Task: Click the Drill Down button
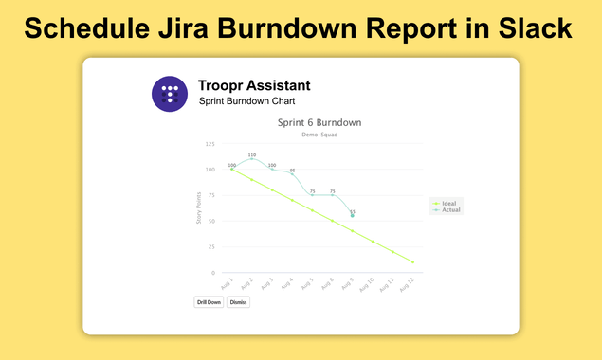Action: pos(209,302)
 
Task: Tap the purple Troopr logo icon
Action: pos(170,93)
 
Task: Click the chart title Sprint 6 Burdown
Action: pos(319,122)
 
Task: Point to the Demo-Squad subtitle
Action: pos(319,135)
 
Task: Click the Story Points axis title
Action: pos(198,209)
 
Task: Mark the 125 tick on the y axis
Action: pos(209,144)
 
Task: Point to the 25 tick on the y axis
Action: pos(210,247)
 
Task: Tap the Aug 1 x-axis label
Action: pos(227,285)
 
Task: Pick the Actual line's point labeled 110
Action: pos(252,159)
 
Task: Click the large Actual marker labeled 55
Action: pos(353,216)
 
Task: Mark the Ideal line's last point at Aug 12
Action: pos(412,261)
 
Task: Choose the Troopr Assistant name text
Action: pos(254,86)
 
